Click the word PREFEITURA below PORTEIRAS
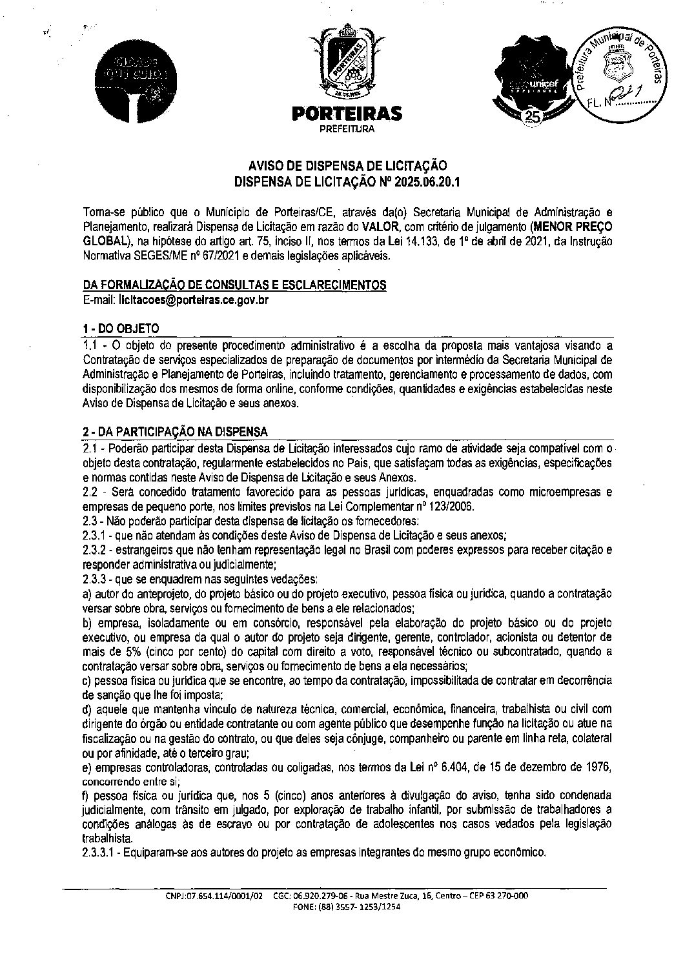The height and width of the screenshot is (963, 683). point(347,129)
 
